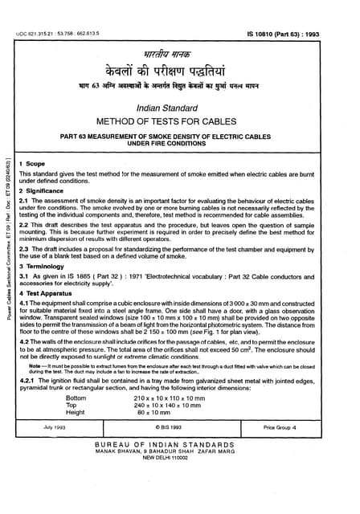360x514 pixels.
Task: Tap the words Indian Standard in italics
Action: click(180, 104)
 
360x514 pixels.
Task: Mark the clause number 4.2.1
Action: click(27, 380)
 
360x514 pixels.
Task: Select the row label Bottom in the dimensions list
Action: click(76, 398)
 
